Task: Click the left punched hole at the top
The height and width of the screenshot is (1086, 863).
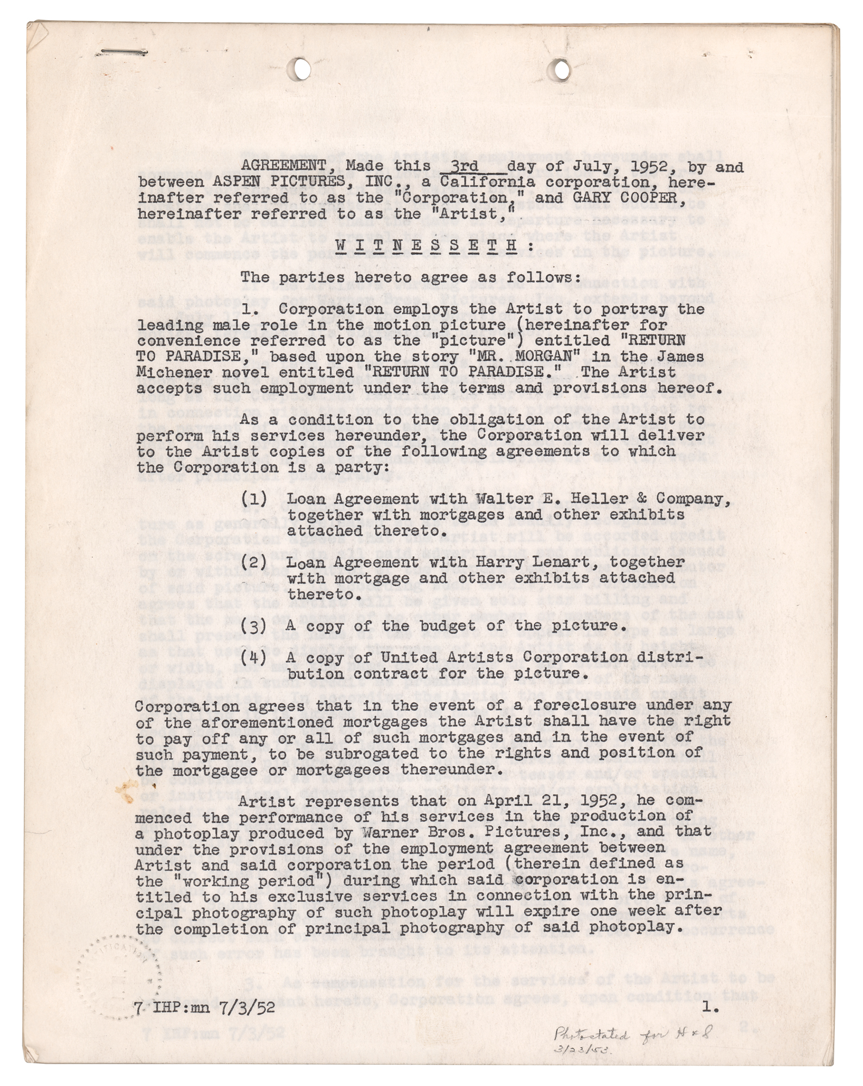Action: click(x=298, y=67)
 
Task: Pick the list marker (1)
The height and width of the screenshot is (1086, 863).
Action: click(x=254, y=499)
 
